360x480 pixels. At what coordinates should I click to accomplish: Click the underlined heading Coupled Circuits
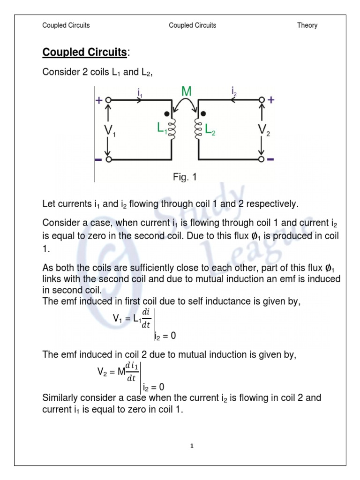point(84,52)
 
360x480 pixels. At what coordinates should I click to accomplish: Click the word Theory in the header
point(307,25)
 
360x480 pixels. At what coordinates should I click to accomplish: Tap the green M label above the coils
point(186,91)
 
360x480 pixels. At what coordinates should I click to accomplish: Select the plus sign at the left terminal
point(99,100)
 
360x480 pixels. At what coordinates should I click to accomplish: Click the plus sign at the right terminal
point(271,100)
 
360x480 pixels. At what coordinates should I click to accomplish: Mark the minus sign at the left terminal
point(98,160)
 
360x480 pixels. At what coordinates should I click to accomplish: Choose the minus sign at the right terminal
point(271,160)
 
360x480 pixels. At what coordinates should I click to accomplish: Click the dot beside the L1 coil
point(166,114)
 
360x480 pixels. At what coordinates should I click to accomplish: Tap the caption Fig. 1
point(186,177)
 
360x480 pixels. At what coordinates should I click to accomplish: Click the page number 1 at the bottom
point(191,446)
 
